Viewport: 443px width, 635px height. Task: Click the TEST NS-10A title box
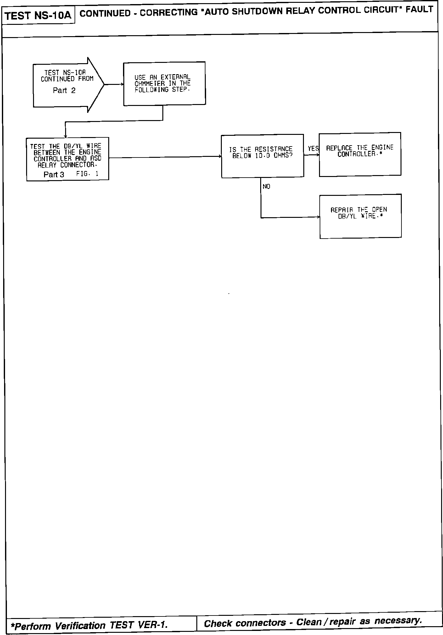click(x=38, y=15)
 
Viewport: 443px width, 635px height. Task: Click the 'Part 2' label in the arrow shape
click(x=64, y=91)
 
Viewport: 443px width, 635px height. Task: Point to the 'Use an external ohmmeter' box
click(x=164, y=84)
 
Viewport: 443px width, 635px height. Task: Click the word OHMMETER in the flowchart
click(x=149, y=84)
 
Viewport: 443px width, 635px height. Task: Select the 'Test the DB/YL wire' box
click(x=68, y=159)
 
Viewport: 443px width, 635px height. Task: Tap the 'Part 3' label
click(x=54, y=175)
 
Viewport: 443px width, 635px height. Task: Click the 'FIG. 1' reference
click(x=87, y=174)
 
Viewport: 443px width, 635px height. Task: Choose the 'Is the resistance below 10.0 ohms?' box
click(x=262, y=156)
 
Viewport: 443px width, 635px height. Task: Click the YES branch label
click(x=313, y=149)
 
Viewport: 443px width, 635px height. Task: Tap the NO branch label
click(x=266, y=187)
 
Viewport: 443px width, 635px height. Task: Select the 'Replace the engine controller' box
click(x=360, y=154)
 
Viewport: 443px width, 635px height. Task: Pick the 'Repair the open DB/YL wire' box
click(x=361, y=216)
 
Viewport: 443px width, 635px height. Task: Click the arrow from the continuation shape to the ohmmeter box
click(x=114, y=84)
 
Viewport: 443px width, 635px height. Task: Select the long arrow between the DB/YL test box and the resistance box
click(x=165, y=157)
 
